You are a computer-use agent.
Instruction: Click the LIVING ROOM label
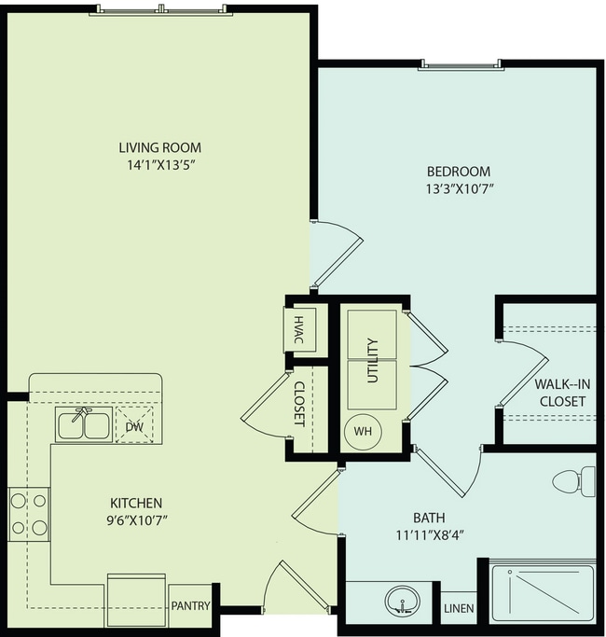click(159, 147)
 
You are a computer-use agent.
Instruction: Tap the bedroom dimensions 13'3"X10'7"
click(459, 188)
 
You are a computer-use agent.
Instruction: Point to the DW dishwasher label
click(133, 425)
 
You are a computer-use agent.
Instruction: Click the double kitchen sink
click(83, 424)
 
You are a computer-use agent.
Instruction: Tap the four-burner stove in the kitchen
click(28, 515)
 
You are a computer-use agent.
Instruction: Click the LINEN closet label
click(459, 609)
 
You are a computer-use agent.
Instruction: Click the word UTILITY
click(372, 361)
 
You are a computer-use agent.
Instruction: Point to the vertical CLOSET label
click(299, 404)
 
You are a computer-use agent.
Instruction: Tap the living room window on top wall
click(161, 10)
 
